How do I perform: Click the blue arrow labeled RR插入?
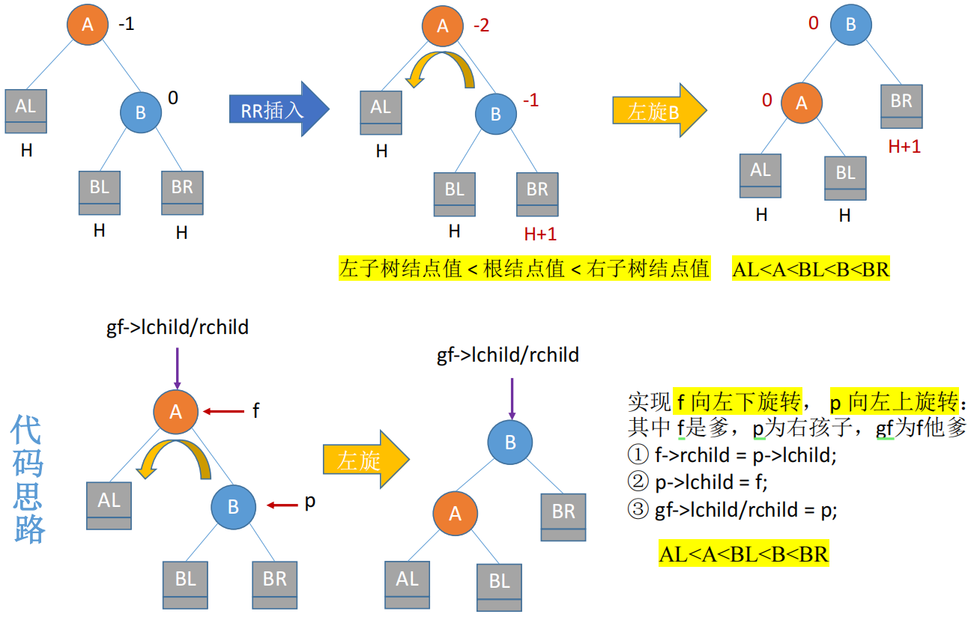(x=277, y=109)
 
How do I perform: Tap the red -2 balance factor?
(x=481, y=25)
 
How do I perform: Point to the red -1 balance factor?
(x=530, y=100)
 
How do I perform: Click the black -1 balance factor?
(x=127, y=24)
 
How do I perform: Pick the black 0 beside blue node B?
(x=173, y=98)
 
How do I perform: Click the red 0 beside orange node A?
(x=766, y=100)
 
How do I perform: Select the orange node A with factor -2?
(x=443, y=27)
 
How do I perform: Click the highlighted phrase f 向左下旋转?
(x=738, y=402)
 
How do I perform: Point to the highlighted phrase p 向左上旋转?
(x=895, y=402)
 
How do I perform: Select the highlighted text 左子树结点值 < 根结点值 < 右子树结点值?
(x=524, y=269)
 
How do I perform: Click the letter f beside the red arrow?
(x=255, y=410)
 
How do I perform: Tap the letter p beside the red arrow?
(x=309, y=502)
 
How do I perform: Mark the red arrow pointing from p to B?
(x=282, y=506)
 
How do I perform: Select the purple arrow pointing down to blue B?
(x=512, y=398)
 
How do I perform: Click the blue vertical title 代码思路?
(x=28, y=479)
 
